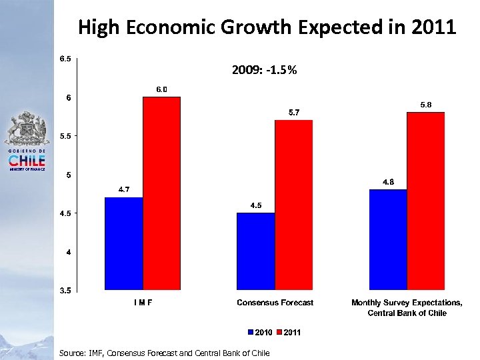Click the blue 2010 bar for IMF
[124, 243]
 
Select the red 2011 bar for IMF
[162, 193]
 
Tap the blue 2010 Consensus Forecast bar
[256, 251]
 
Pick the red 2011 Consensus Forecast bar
[294, 205]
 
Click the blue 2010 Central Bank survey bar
[388, 239]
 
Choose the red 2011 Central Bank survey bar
[426, 201]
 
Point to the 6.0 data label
[162, 89]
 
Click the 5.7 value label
[294, 113]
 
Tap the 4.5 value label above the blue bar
[256, 205]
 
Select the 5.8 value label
[426, 105]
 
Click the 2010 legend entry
[260, 333]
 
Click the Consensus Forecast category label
[275, 303]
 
